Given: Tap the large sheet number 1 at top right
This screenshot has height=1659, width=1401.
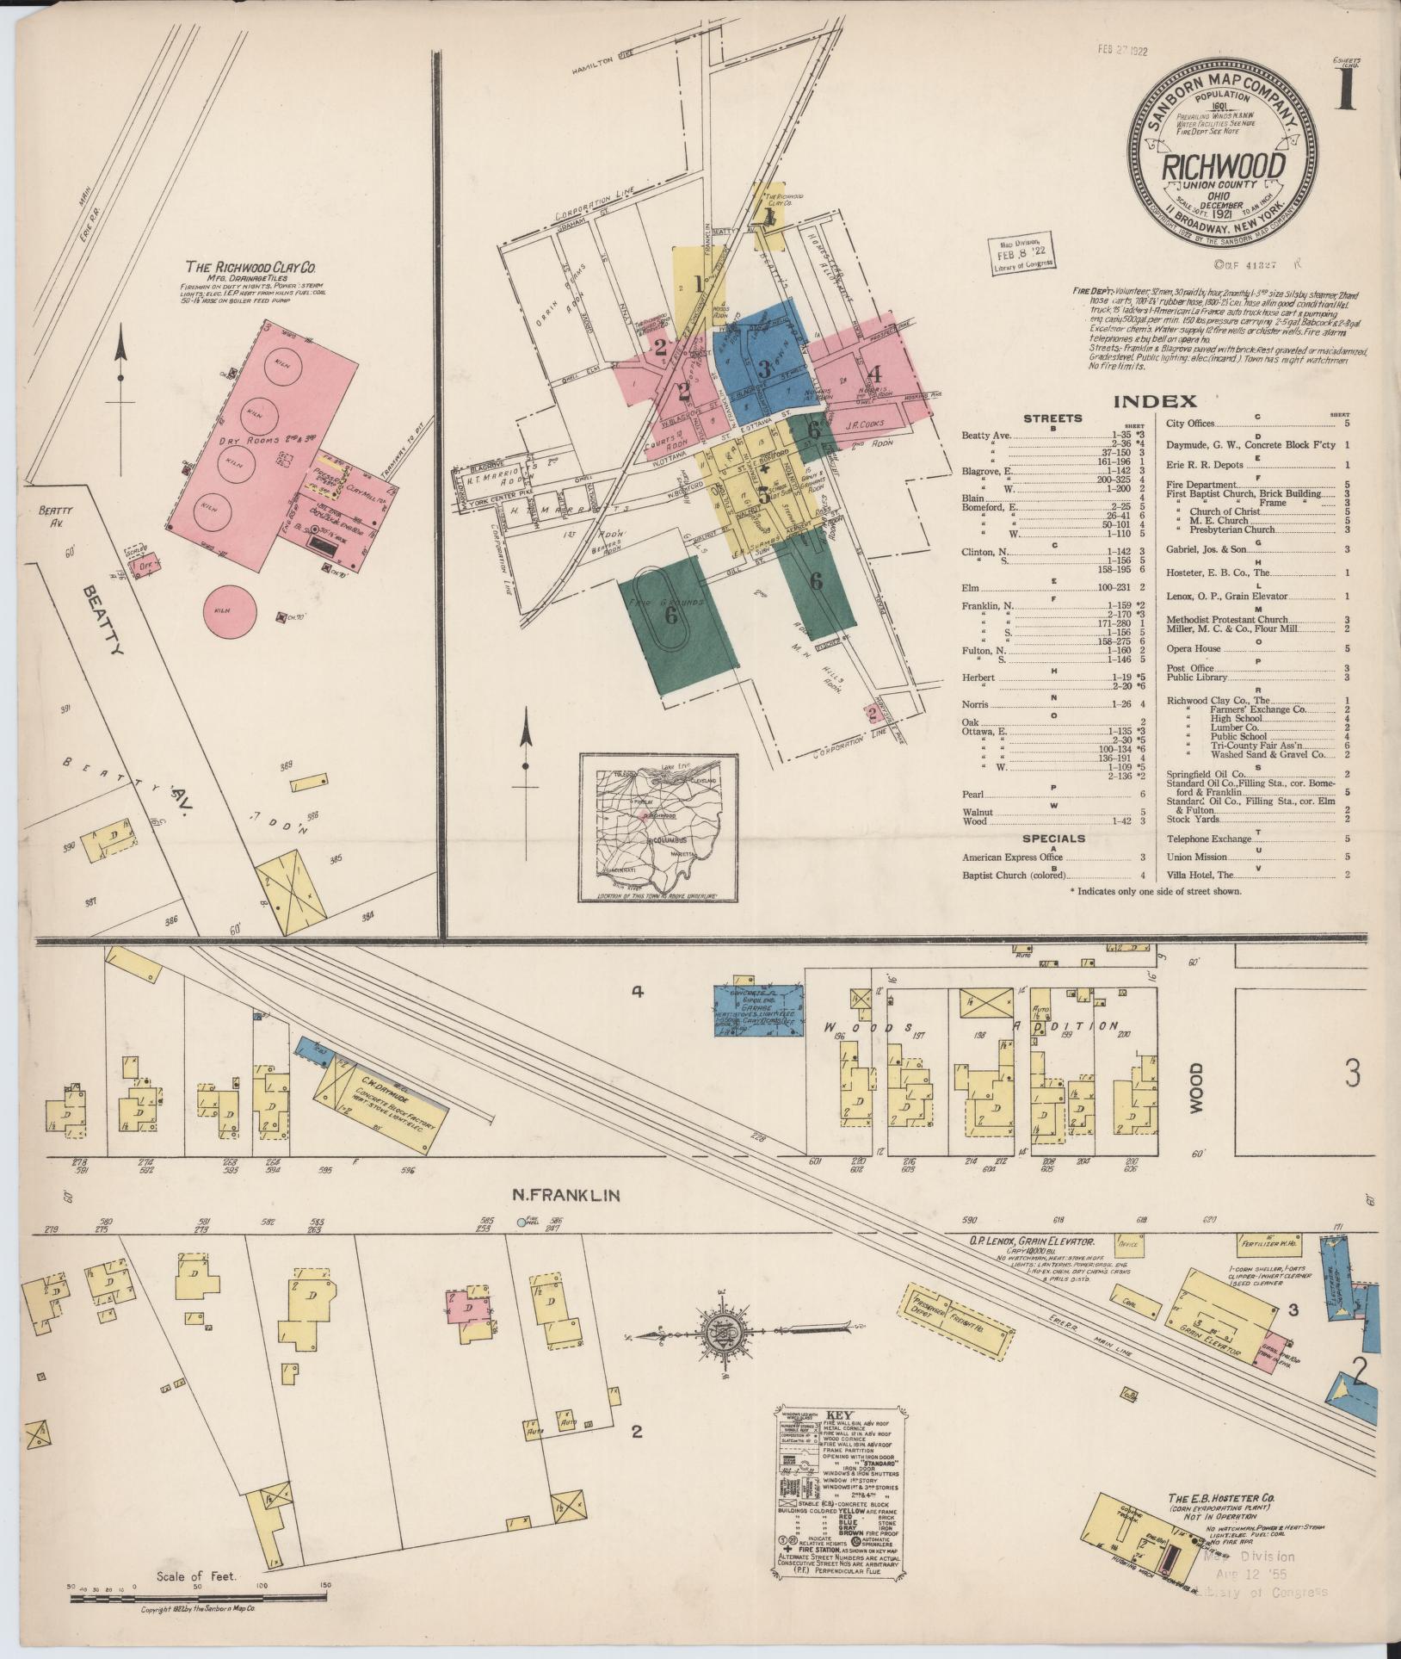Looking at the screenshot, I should point(1344,90).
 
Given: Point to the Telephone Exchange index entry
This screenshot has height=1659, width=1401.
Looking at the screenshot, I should point(1208,839).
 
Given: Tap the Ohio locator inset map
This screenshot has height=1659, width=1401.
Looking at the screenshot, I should point(658,827).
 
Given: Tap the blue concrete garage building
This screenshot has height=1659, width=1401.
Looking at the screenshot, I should point(760,1005).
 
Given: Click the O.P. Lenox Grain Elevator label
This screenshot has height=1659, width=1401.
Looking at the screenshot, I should point(1029,1242).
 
